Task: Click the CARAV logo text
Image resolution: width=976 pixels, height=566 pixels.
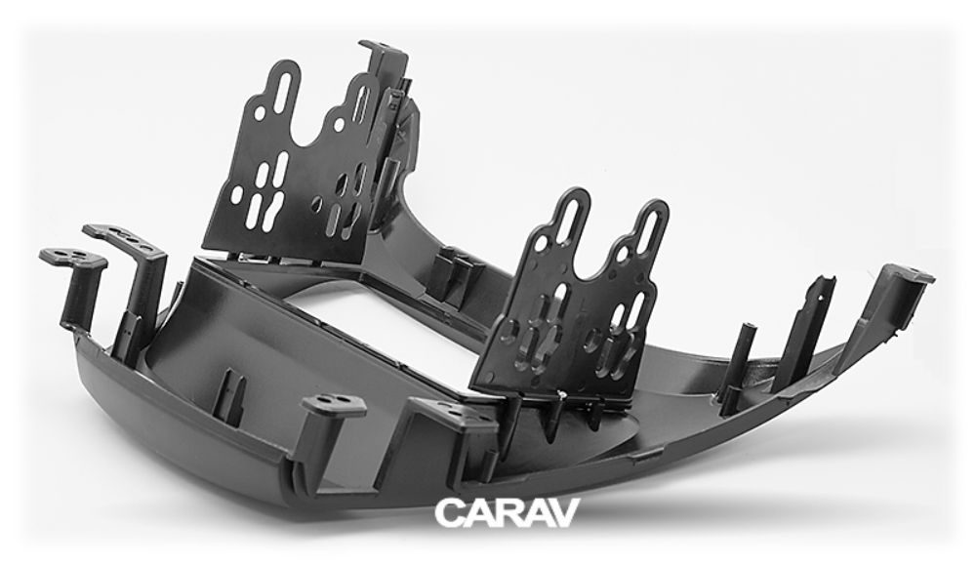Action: tap(506, 511)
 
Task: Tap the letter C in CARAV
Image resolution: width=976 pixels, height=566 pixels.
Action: tap(448, 511)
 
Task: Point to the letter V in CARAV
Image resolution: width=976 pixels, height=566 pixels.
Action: tap(564, 511)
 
